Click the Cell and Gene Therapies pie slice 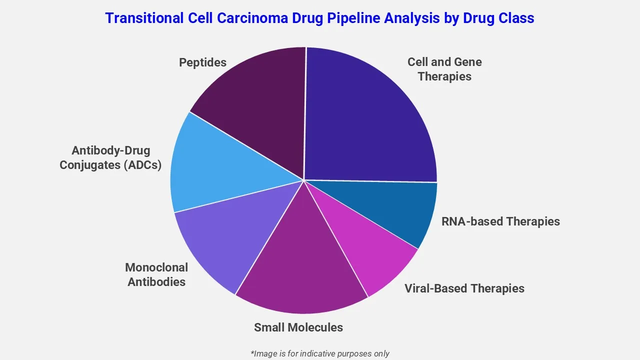click(370, 120)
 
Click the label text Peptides click(202, 62)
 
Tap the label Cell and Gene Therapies click(444, 69)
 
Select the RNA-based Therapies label click(500, 221)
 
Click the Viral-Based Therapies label click(464, 288)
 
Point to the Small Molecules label click(298, 327)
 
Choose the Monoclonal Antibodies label click(156, 274)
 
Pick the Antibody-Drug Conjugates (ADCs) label click(110, 157)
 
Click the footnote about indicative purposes click(320, 353)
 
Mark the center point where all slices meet click(304, 180)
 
